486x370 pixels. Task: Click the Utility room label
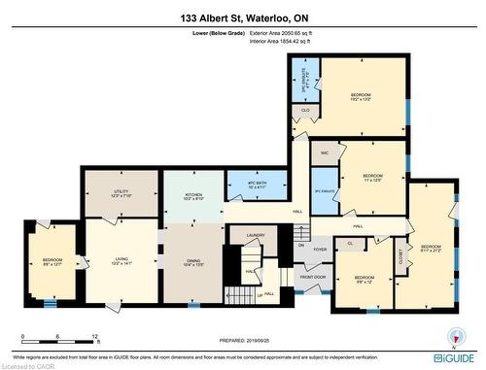(121, 194)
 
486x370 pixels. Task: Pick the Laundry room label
(256, 235)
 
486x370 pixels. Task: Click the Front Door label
(311, 277)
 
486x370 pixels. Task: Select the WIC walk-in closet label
(324, 154)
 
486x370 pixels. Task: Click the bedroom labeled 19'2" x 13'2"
(361, 95)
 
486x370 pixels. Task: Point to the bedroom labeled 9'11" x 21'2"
(431, 249)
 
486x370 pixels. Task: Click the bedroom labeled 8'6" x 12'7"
(52, 261)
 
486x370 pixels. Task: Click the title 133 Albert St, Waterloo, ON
(242, 17)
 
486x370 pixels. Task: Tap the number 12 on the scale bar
(94, 336)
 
